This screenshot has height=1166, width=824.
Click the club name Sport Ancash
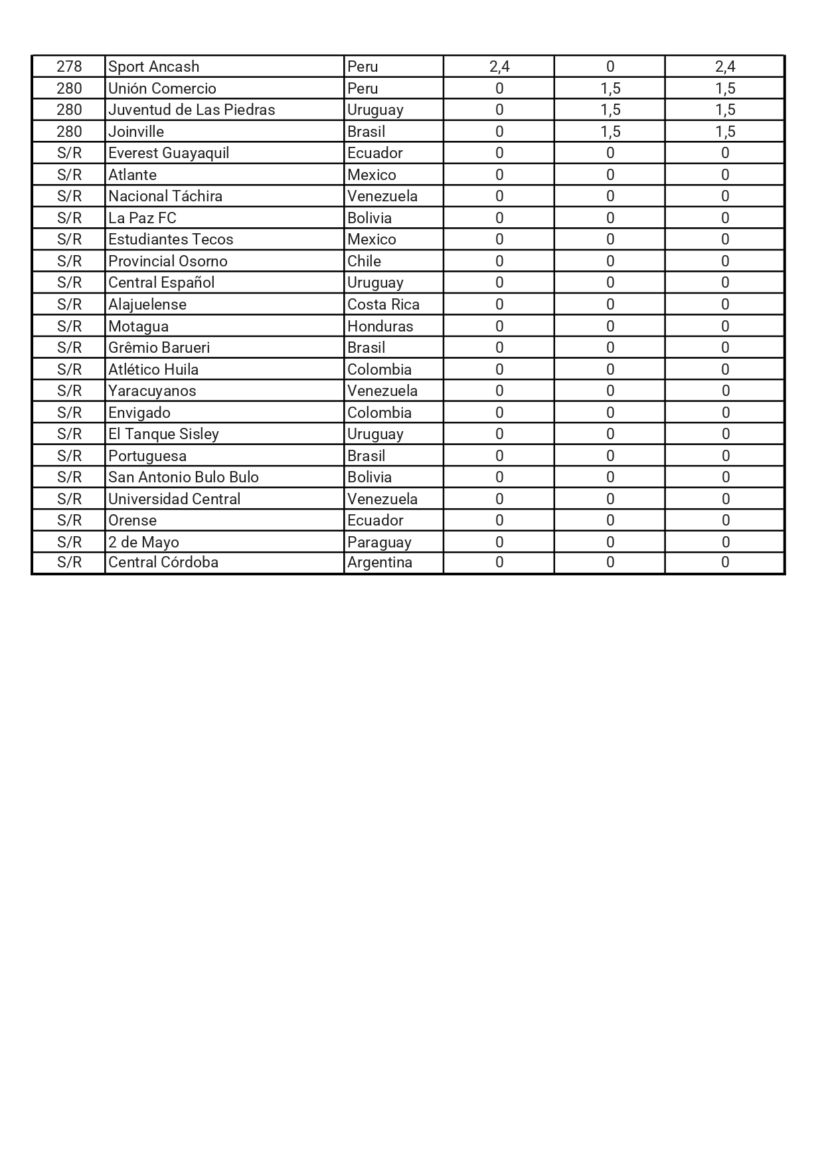point(153,66)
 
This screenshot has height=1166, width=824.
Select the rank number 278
point(69,66)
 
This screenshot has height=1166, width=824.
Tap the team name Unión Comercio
point(162,88)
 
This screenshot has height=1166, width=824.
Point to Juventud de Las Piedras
point(191,110)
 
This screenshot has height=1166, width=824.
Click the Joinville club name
point(136,132)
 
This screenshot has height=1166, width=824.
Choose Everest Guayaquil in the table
point(169,153)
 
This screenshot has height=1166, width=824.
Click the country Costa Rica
point(383,304)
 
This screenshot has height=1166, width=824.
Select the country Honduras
point(380,326)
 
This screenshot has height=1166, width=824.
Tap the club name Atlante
point(132,175)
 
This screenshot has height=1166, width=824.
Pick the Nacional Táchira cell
point(165,196)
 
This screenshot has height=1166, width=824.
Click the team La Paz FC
point(142,218)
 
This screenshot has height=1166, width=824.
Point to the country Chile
point(364,261)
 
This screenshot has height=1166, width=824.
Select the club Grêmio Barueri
point(159,347)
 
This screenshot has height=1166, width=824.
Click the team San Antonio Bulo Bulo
point(183,477)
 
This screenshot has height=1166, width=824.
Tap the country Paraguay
point(379,542)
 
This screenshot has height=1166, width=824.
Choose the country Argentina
point(379,562)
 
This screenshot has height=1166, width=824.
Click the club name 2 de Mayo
point(143,542)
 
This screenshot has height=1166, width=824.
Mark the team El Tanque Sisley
point(163,434)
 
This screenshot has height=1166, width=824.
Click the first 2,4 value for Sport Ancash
point(499,66)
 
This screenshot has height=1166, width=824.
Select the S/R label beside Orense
point(69,520)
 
